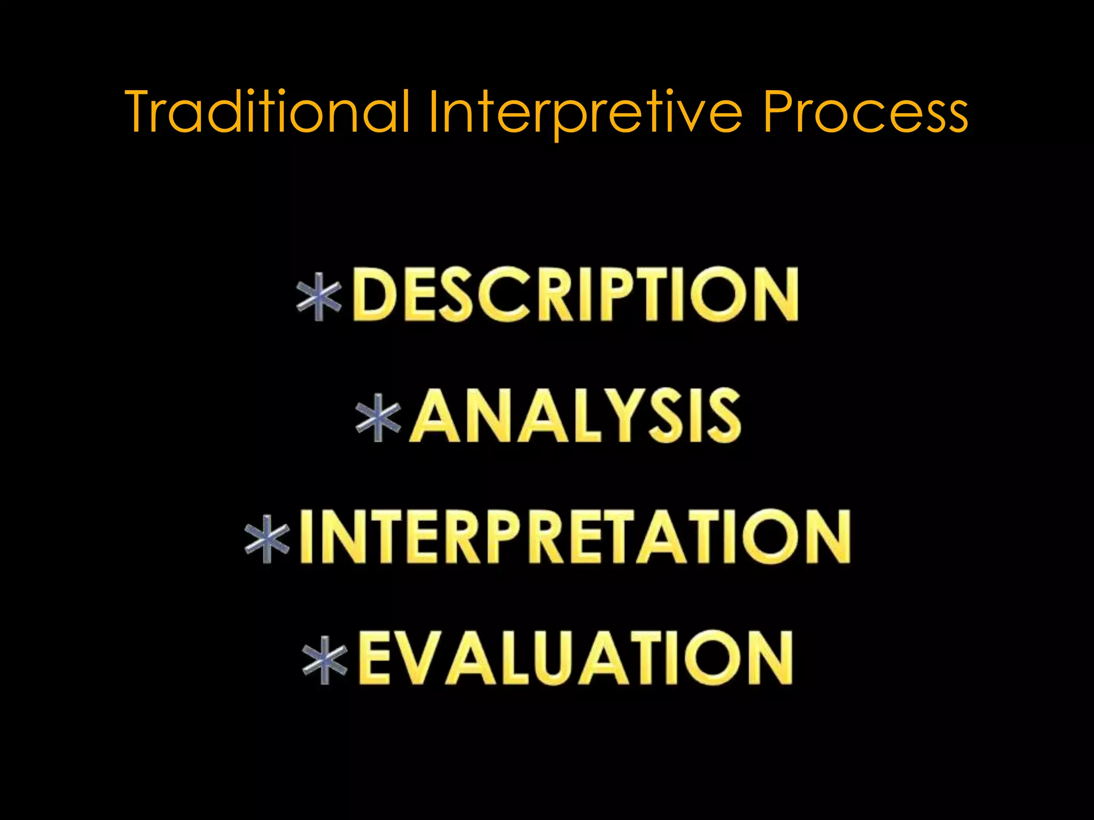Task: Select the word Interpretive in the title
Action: tap(585, 112)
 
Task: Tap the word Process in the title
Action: tap(865, 112)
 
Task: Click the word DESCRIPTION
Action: tap(575, 295)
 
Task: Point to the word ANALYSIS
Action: tap(575, 416)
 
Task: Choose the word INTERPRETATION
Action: tap(575, 537)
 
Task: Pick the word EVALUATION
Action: tap(575, 658)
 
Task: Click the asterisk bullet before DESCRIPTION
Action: tap(319, 297)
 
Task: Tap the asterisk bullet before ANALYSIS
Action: tap(378, 417)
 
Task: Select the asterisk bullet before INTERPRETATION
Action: tap(267, 539)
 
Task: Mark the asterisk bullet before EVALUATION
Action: tap(325, 660)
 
